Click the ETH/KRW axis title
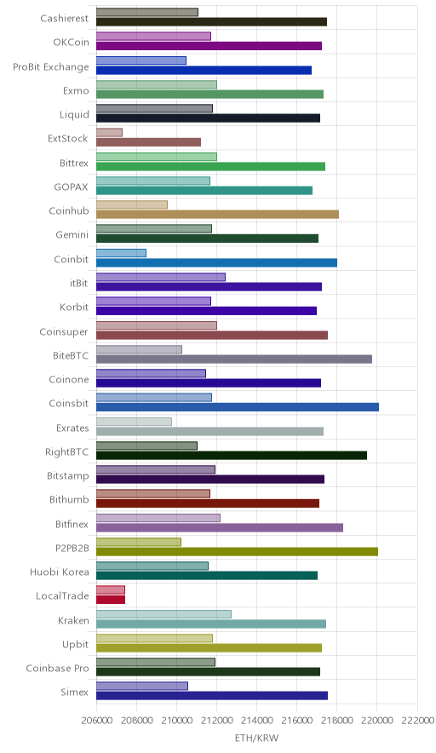click(x=256, y=738)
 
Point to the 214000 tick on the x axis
click(x=256, y=721)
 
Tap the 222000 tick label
click(x=416, y=721)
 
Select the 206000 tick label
click(x=96, y=721)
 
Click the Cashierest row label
click(x=65, y=18)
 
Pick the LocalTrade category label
click(x=62, y=596)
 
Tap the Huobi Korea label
click(x=60, y=572)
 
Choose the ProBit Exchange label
click(x=51, y=66)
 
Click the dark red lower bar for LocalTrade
click(x=111, y=600)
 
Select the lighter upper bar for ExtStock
click(x=109, y=133)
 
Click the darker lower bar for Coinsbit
click(x=238, y=407)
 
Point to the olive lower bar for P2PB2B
click(x=237, y=551)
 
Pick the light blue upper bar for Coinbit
click(x=121, y=253)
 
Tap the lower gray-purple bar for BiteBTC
click(x=234, y=359)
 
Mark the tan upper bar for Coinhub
click(x=132, y=204)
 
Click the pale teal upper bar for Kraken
click(x=163, y=614)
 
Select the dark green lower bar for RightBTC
click(x=232, y=455)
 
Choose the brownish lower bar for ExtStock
click(x=148, y=142)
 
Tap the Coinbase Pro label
click(x=58, y=669)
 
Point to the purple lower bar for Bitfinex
click(x=220, y=527)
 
